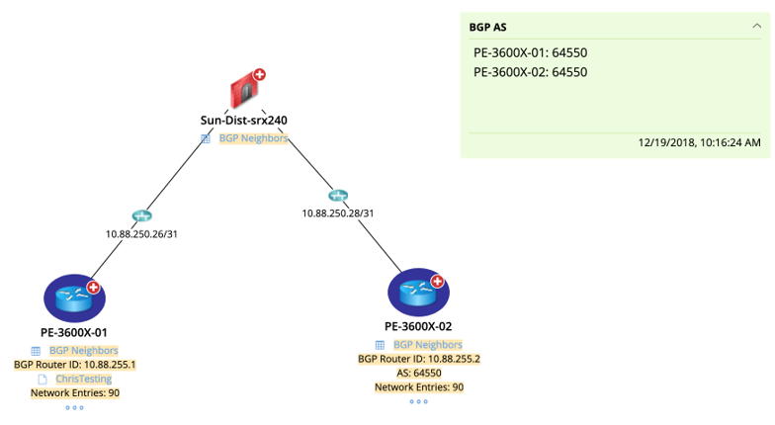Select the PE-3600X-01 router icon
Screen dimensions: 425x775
tap(74, 298)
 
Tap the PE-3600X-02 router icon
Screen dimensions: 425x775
tap(418, 292)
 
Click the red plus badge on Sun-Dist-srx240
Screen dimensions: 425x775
tap(259, 74)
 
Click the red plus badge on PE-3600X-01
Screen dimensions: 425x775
tap(93, 287)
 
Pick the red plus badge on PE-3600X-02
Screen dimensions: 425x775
tap(437, 281)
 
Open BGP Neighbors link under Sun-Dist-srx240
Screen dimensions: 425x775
tap(253, 138)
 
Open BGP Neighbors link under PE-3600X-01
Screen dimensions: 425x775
tap(83, 351)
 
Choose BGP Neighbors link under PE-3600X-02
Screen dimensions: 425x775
tap(427, 345)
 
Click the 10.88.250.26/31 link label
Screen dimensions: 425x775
tap(141, 234)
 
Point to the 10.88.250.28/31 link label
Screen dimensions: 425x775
tap(338, 212)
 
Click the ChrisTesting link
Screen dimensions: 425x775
tap(83, 379)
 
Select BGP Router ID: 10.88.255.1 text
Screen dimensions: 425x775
tap(74, 365)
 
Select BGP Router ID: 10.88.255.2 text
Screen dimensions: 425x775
tap(418, 359)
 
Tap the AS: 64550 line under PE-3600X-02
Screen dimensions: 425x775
tap(418, 373)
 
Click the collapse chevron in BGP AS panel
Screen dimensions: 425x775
tap(757, 27)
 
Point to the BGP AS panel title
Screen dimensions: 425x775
tap(487, 28)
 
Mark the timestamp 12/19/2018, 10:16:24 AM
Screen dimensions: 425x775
tap(699, 142)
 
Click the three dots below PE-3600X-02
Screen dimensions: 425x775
tap(418, 401)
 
